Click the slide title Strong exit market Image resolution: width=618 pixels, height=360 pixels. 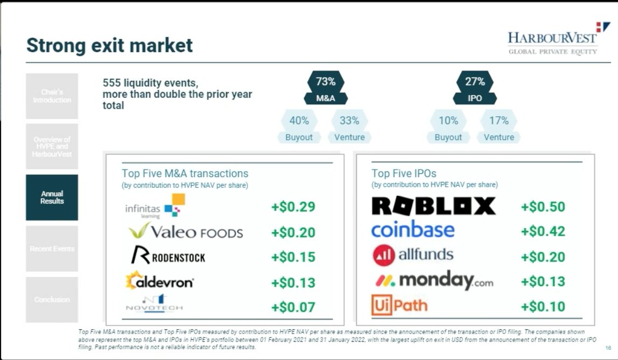click(109, 45)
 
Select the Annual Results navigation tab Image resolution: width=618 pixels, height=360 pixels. click(52, 197)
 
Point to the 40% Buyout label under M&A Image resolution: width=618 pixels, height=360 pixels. click(299, 128)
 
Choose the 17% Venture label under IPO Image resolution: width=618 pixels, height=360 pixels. click(498, 128)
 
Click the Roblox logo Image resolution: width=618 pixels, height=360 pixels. click(433, 206)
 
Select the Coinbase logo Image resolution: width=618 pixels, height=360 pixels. click(413, 230)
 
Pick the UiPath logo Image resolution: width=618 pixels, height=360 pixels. click(399, 306)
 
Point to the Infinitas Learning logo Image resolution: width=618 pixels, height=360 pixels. click(154, 207)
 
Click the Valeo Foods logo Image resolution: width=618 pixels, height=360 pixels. click(186, 232)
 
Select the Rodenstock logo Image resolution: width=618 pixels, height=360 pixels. click(168, 256)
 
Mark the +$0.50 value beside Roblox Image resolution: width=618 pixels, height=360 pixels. click(543, 207)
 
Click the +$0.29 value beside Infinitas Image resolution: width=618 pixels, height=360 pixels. click(293, 207)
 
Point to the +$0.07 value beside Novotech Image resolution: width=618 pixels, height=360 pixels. click(293, 308)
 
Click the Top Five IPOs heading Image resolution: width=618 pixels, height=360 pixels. click(404, 173)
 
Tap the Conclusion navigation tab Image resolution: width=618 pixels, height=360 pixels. click(52, 299)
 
